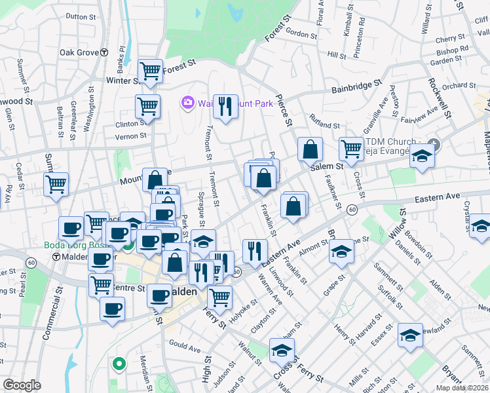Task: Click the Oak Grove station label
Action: tap(79, 52)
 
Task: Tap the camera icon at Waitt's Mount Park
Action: tap(187, 103)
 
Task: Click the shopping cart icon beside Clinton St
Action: tap(147, 105)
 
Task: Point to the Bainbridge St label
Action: tap(356, 86)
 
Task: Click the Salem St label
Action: tap(326, 167)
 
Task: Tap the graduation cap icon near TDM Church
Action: tap(423, 157)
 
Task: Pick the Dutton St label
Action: tap(81, 16)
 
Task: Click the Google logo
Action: tap(22, 385)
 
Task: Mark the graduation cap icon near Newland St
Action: tap(410, 335)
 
